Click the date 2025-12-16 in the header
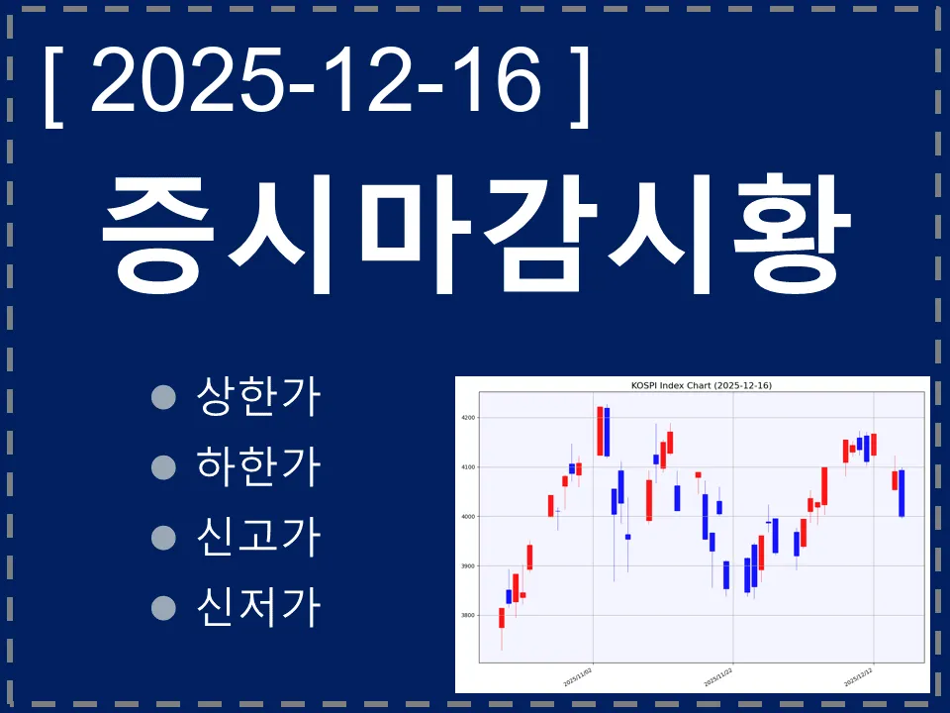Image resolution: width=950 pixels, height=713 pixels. tap(317, 80)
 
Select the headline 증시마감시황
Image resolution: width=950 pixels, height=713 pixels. tap(475, 235)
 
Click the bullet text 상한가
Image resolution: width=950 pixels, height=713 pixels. tap(259, 397)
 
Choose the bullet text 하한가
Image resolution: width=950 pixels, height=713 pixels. tap(259, 466)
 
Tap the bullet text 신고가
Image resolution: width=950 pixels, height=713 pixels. tap(259, 536)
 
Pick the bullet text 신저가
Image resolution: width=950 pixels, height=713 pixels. tap(259, 605)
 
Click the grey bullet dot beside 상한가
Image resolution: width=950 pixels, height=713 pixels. tap(163, 397)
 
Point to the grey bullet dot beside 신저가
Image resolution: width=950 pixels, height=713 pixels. tap(163, 606)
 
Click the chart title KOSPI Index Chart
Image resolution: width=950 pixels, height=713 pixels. tap(702, 385)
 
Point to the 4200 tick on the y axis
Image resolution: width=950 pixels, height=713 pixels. tap(467, 418)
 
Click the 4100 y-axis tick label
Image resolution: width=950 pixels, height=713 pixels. tap(467, 467)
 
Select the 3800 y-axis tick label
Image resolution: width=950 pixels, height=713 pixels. tap(467, 616)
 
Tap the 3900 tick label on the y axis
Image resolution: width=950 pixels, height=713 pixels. tap(467, 566)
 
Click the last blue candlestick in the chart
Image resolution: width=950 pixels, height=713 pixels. tap(902, 493)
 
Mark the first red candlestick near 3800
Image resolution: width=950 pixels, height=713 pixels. tap(502, 618)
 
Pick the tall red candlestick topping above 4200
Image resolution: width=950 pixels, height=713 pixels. tap(600, 431)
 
